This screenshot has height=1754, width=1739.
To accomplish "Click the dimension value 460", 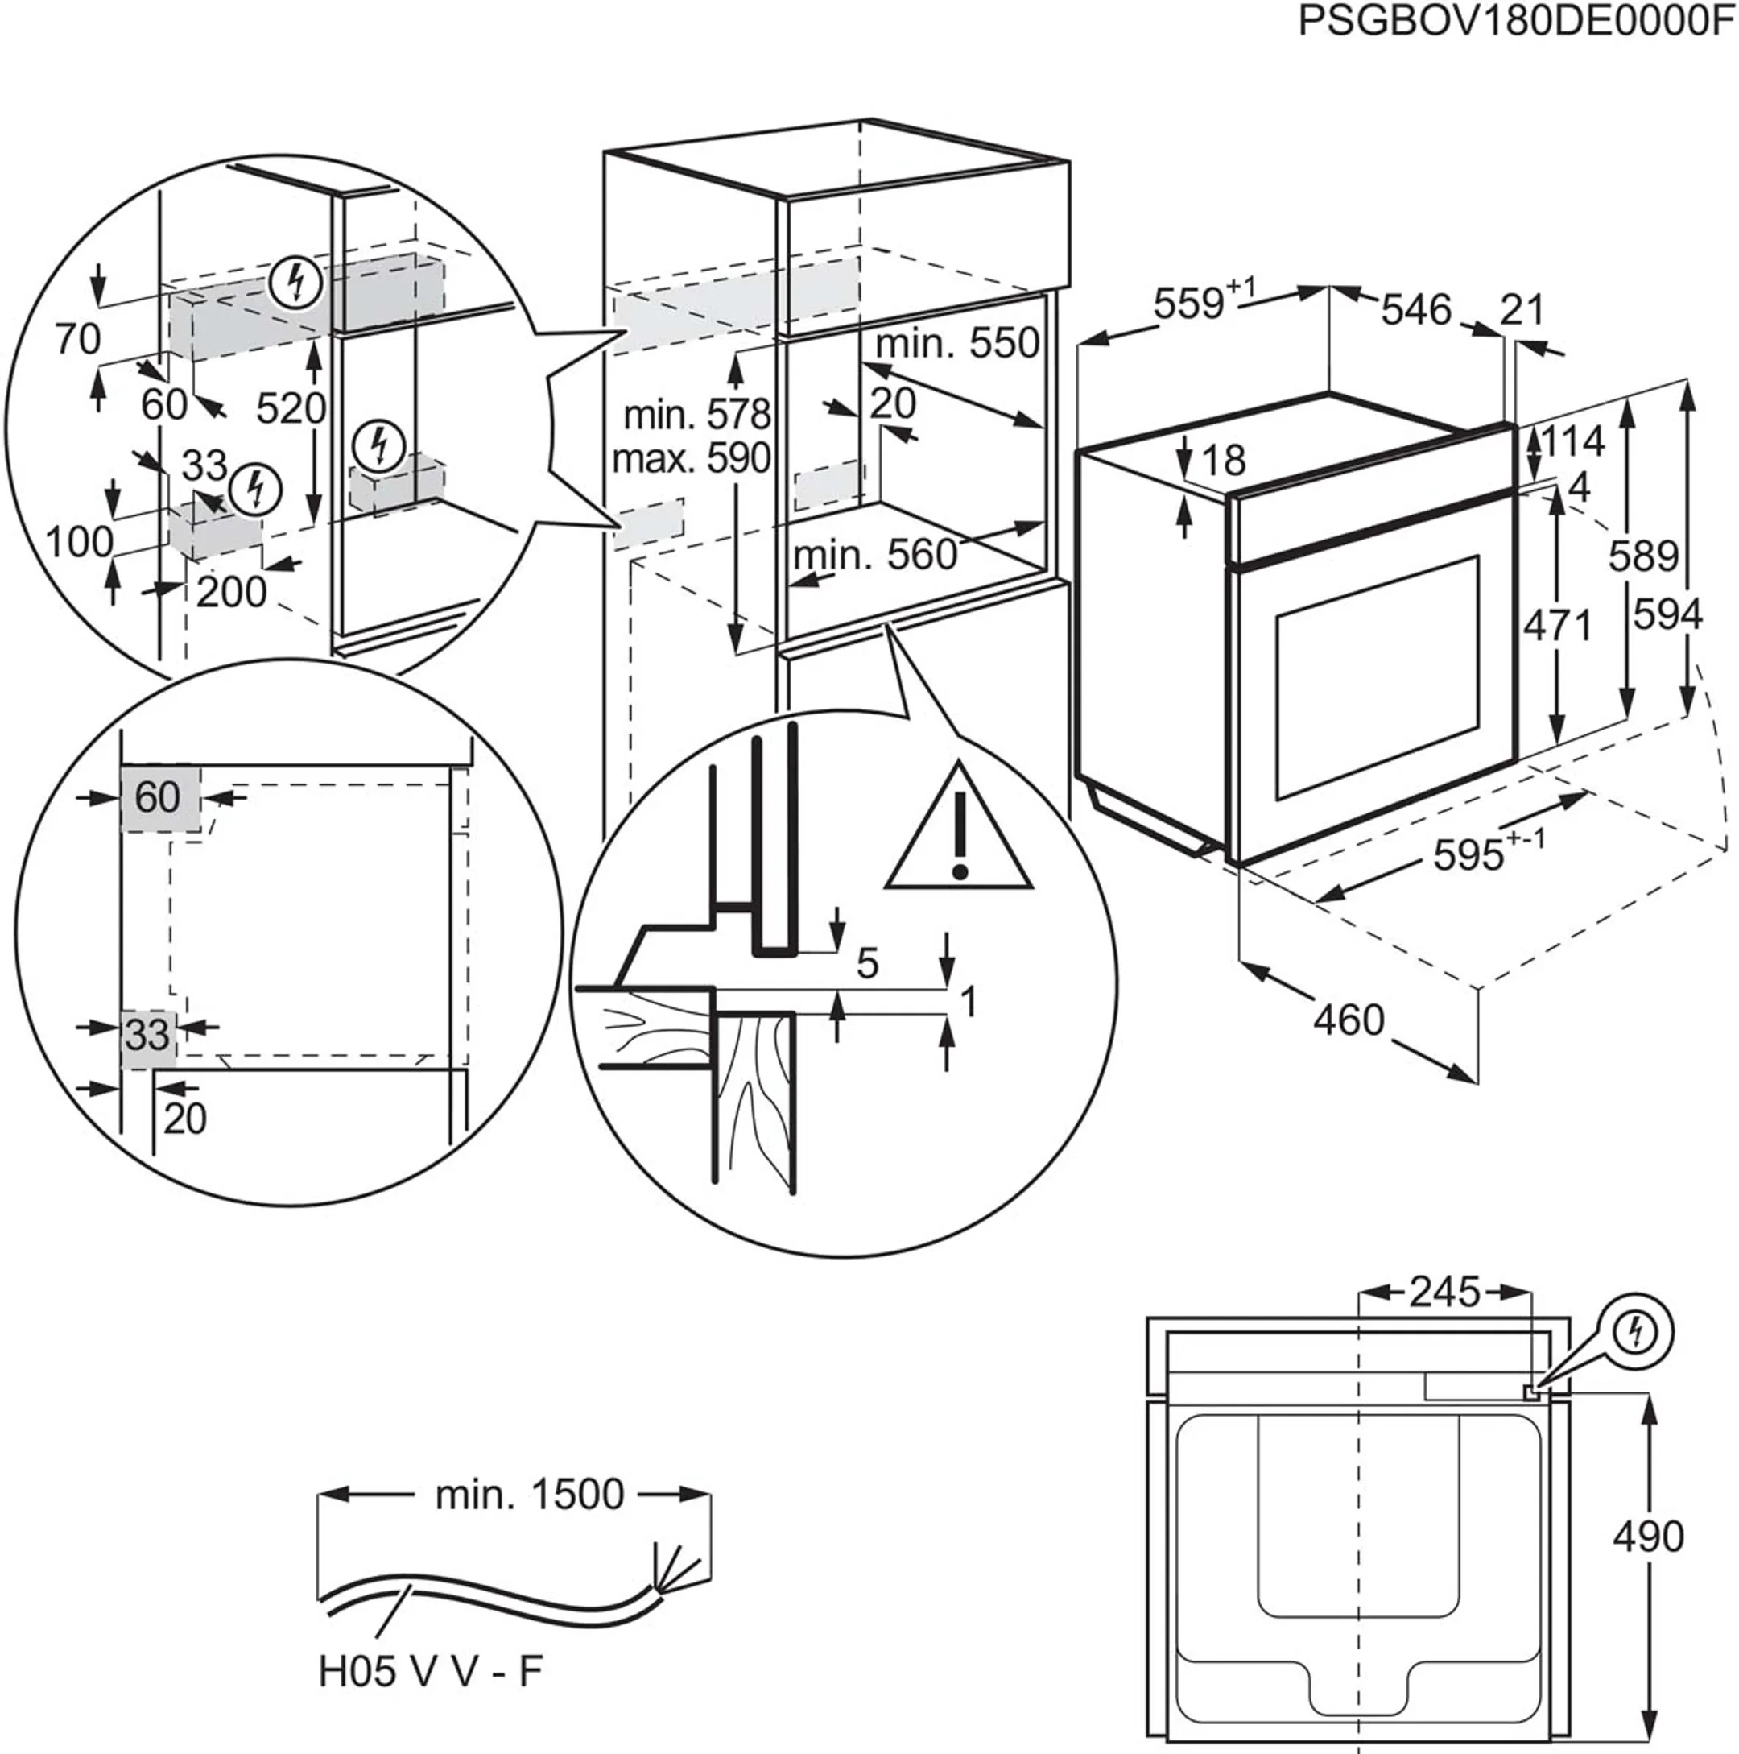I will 1349,1020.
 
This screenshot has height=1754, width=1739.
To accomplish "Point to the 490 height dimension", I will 1647,1536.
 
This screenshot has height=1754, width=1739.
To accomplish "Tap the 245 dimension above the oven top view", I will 1444,1292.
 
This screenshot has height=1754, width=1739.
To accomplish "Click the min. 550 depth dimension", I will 957,343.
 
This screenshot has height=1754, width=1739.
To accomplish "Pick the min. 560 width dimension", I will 875,555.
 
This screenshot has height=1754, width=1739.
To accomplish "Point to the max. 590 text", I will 691,458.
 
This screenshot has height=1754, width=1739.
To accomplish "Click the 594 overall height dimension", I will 1667,616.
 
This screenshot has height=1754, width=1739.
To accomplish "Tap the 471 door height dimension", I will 1558,626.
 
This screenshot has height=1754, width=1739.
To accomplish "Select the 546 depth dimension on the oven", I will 1416,311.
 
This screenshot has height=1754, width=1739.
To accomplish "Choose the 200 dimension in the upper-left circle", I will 231,593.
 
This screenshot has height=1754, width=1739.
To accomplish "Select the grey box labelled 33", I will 148,1035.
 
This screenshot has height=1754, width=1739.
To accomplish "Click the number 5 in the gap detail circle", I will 868,964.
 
